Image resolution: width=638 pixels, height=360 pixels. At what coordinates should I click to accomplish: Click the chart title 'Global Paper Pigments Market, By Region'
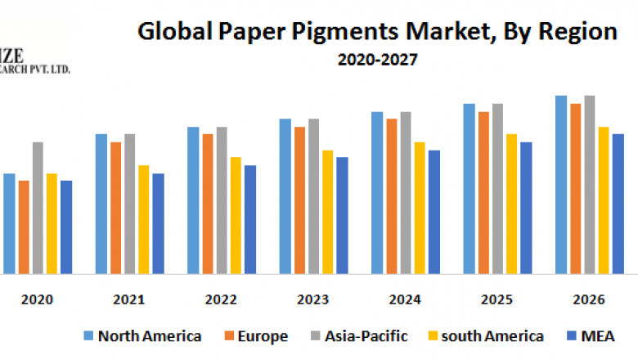point(376,33)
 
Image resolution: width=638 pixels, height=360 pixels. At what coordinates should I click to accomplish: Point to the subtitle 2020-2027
point(376,59)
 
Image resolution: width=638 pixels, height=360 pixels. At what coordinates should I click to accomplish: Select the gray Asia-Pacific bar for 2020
point(38,208)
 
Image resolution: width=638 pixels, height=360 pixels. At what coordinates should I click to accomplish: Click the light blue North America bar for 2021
point(101,204)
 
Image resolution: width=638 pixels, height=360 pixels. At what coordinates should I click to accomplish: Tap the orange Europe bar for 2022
point(208,204)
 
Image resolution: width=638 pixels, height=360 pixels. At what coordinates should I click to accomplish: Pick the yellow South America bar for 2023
point(327,212)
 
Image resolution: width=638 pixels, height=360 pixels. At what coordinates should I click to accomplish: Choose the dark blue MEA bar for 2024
point(434,212)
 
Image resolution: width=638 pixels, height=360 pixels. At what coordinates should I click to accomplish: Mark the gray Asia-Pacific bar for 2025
point(497,189)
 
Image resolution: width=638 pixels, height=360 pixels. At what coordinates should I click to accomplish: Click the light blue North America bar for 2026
point(561,185)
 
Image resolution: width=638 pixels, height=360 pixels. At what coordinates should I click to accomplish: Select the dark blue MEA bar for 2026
point(618,204)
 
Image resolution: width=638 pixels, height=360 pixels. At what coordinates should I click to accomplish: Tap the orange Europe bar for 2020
point(24,227)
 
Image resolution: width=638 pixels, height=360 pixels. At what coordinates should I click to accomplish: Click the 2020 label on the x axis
point(38,300)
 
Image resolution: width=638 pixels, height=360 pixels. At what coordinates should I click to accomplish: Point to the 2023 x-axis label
point(313,300)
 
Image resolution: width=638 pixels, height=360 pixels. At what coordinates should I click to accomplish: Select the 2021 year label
point(129,300)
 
